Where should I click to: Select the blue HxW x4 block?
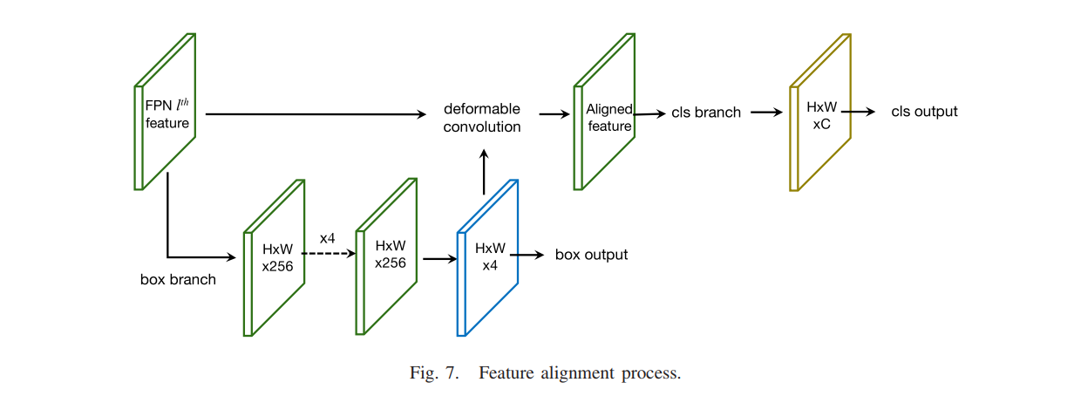[x=488, y=257]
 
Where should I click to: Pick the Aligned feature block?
[x=605, y=113]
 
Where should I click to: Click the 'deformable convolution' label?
[x=482, y=118]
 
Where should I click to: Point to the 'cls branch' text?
[x=706, y=113]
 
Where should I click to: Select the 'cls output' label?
[x=924, y=112]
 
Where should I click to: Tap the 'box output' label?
[x=591, y=255]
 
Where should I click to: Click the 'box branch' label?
[x=178, y=280]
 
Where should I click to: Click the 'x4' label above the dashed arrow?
[x=328, y=237]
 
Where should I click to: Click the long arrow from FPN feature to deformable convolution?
[x=314, y=113]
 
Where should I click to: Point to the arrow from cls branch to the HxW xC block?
[x=766, y=113]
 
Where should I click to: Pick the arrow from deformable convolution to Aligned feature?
[x=553, y=113]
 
